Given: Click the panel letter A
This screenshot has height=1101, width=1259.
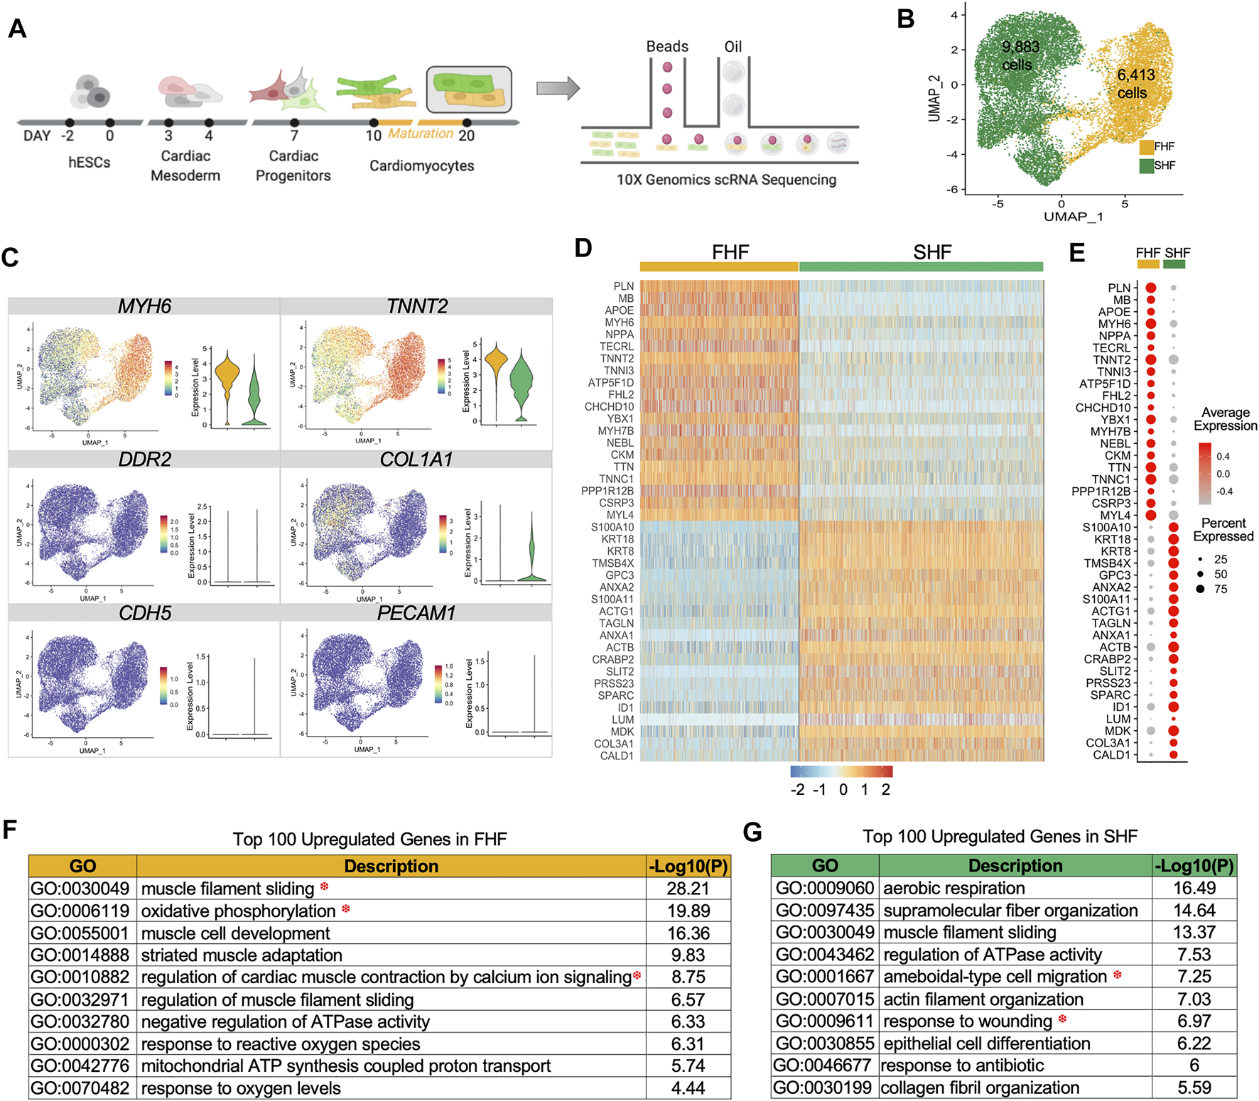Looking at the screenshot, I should coord(17,28).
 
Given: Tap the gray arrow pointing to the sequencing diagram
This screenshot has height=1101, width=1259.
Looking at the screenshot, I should coord(558,88).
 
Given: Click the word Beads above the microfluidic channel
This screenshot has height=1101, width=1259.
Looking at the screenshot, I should coord(667,47).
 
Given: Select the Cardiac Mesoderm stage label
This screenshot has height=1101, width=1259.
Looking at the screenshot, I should coord(185,166).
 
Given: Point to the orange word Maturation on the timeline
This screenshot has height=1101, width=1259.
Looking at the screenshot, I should coord(421,134).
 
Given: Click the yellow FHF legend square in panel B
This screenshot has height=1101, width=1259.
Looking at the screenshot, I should coord(1146,147).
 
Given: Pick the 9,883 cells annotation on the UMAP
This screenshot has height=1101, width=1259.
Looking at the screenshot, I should coord(1020,55).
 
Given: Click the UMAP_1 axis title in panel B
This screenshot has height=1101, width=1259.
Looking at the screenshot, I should coord(1073,217).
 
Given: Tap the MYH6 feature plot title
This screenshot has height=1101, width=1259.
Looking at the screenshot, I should coord(144,306).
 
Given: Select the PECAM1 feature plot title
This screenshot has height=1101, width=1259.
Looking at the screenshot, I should coord(416,613).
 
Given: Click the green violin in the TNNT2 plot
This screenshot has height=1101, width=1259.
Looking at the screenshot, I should coord(522,384).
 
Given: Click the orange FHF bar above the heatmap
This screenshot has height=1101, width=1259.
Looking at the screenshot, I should coord(719,266).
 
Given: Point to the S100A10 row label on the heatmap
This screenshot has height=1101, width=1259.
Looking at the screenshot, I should coord(612,527).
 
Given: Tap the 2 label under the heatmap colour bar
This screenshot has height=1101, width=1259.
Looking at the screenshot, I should coord(885,790).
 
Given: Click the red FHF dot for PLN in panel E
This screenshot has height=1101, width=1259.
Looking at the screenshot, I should coord(1151,288).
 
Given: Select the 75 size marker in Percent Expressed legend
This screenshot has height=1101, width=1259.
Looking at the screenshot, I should coord(1200,589).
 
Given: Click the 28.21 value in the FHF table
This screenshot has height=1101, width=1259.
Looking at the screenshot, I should coord(688,889).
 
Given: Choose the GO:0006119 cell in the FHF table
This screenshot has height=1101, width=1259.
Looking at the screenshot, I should coord(80,911).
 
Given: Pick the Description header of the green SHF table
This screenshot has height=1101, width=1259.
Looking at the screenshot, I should coord(1015,865).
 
